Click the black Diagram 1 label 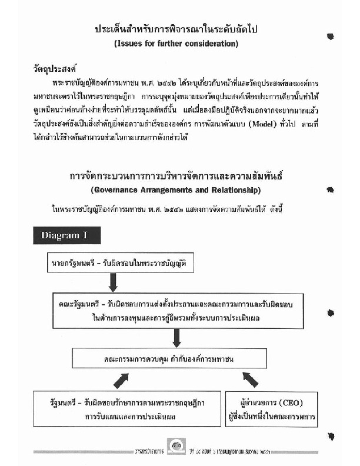[x=66, y=235]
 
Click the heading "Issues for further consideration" [x=176, y=44]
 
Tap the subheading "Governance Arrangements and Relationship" [x=176, y=191]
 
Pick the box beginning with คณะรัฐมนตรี [x=176, y=311]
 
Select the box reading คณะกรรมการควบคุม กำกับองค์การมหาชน [x=177, y=358]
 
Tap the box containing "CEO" [x=271, y=410]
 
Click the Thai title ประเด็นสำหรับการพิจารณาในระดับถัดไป [x=176, y=29]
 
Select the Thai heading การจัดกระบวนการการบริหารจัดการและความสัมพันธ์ [x=176, y=177]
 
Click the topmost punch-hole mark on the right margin [x=331, y=36]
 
